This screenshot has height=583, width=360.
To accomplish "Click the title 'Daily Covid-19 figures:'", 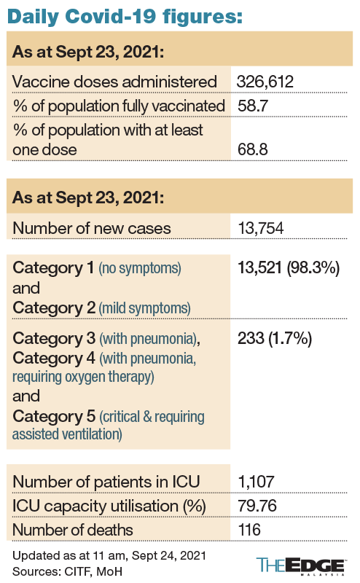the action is tap(125, 17).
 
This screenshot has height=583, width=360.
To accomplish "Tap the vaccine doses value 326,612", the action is tap(265, 82).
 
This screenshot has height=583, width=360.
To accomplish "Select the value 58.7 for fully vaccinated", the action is tap(253, 106).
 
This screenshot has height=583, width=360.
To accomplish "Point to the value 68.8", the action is tap(253, 149).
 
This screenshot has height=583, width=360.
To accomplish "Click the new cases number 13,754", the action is tap(261, 228).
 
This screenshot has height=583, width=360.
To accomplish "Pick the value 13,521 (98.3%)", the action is tap(289, 268).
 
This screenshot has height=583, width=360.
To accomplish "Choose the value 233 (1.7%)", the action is tap(275, 339).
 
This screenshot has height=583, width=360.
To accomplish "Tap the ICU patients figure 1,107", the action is tap(256, 482).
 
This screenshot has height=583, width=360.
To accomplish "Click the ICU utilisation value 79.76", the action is tap(257, 506).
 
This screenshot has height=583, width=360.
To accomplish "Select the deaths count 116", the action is tap(249, 530).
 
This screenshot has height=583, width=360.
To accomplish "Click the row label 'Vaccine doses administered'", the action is tap(114, 82).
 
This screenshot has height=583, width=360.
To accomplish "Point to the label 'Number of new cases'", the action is tap(92, 228).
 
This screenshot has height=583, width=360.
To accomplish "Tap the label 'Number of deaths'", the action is tap(73, 530).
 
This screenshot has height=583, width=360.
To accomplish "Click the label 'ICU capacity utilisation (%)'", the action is tap(109, 506).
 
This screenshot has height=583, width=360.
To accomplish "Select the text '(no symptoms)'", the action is tap(140, 268).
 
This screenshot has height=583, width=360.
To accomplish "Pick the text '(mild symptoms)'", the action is tap(144, 308).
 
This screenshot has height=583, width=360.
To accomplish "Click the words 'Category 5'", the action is tap(54, 416).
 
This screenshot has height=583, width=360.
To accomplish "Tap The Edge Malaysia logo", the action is tap(301, 566).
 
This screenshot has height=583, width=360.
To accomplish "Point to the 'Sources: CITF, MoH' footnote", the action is tap(67, 571).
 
